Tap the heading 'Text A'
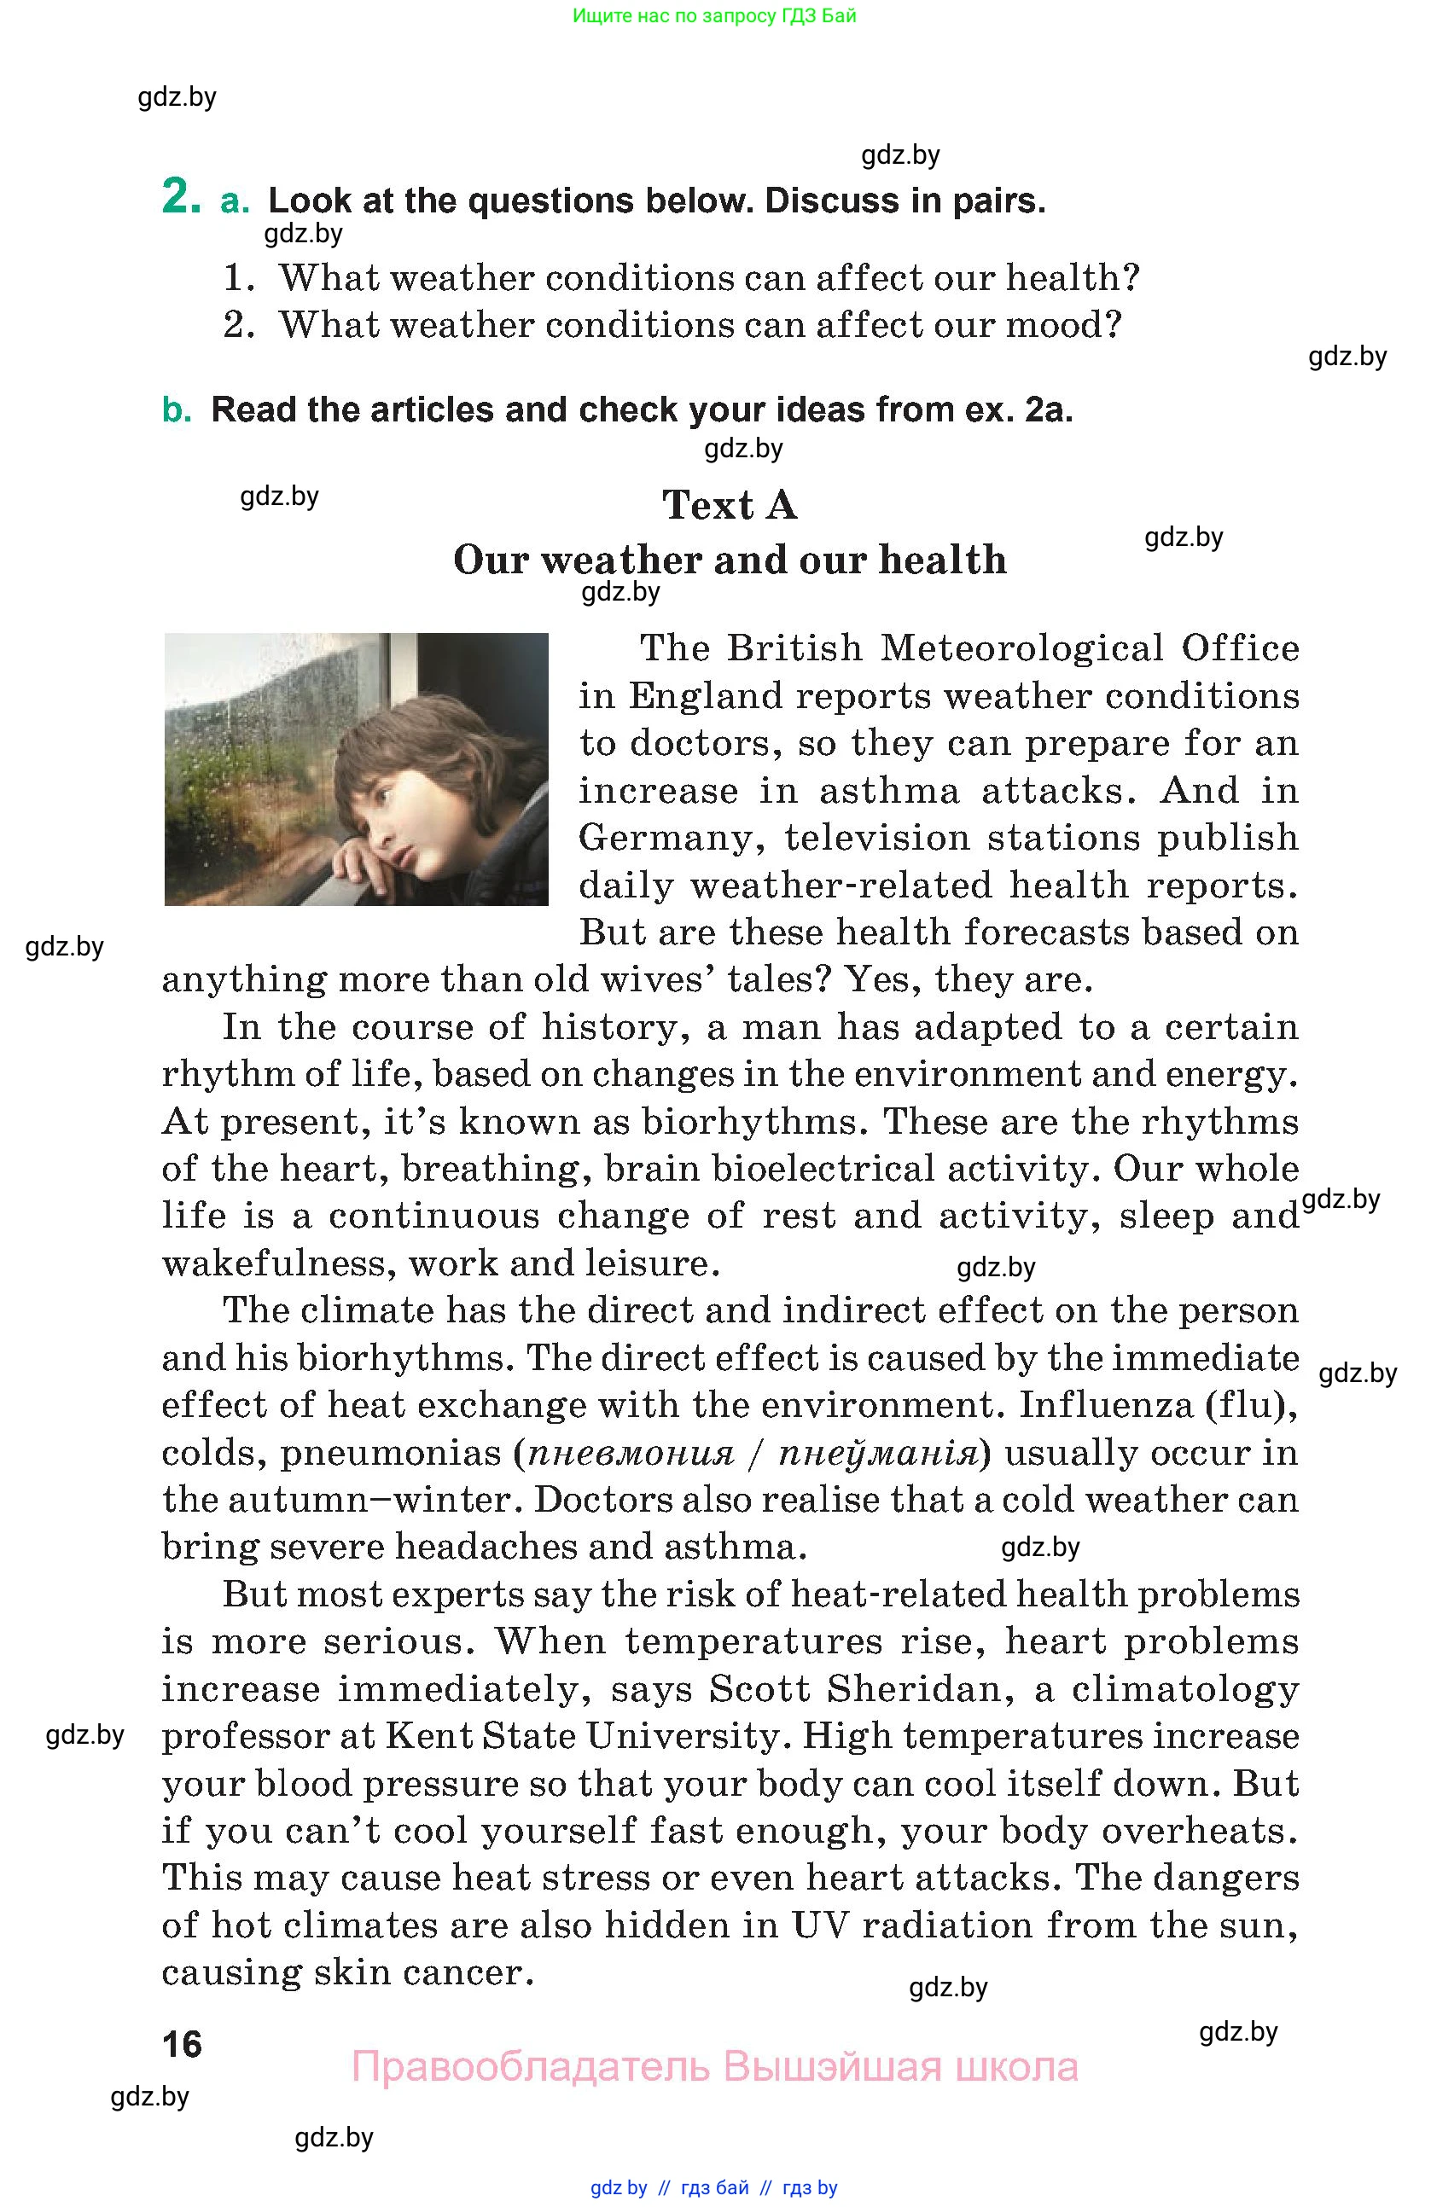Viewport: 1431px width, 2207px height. point(729,505)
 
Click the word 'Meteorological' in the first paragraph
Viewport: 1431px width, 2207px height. point(1021,648)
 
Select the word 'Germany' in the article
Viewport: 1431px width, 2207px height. point(673,839)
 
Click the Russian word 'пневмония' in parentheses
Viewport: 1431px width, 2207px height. point(631,1452)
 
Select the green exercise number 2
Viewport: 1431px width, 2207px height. point(181,196)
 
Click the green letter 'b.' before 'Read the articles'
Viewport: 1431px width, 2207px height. point(177,409)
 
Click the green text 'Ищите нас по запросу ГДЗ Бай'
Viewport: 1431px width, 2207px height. point(714,15)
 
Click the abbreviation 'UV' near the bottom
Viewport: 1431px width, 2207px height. point(820,1925)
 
